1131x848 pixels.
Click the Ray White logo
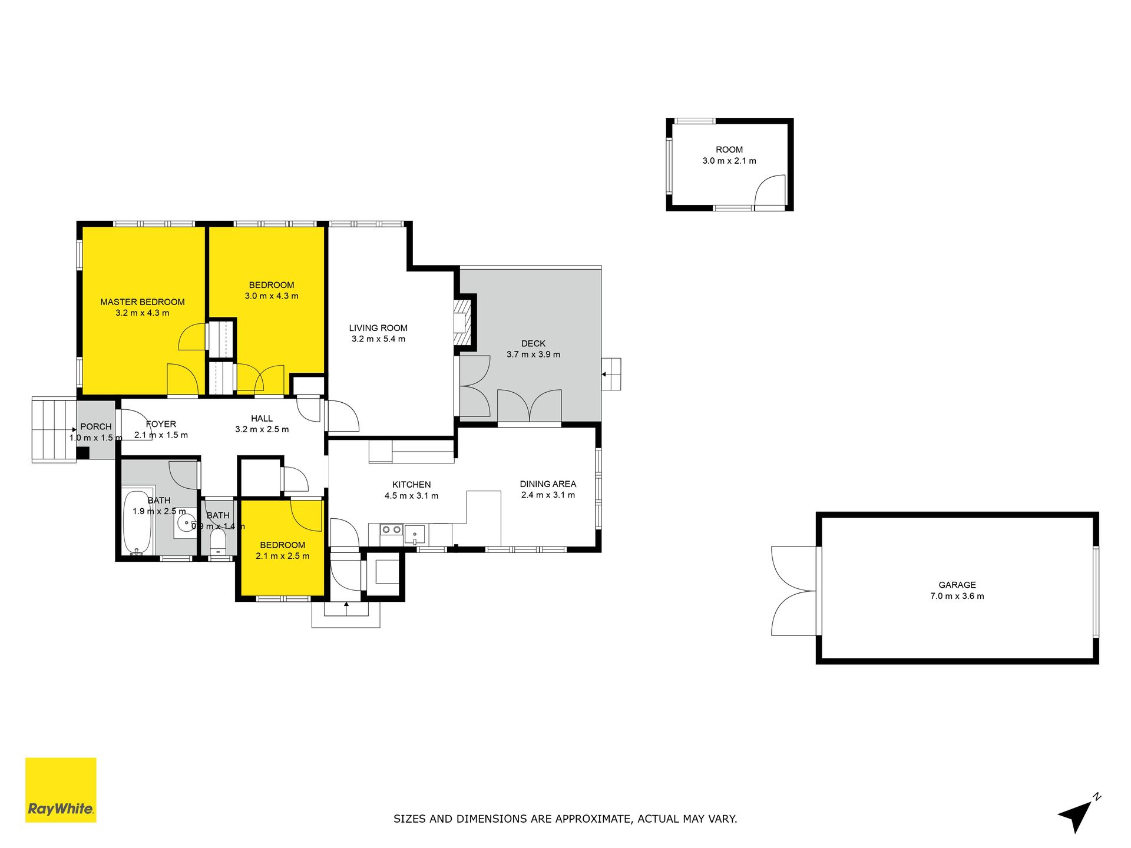click(61, 790)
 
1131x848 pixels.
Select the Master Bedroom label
click(143, 302)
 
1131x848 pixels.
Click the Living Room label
click(378, 328)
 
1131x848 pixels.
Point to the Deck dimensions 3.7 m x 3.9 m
click(533, 355)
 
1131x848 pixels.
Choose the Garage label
click(957, 585)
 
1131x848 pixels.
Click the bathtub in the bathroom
click(138, 523)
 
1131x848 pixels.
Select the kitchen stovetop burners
click(391, 530)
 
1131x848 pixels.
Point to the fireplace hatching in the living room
click(465, 322)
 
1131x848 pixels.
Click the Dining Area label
click(548, 484)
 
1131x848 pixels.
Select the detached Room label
click(729, 150)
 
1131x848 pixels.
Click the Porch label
click(96, 427)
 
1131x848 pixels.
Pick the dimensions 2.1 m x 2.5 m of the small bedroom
click(283, 556)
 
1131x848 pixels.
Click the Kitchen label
click(412, 485)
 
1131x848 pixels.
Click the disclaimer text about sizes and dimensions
click(565, 819)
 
